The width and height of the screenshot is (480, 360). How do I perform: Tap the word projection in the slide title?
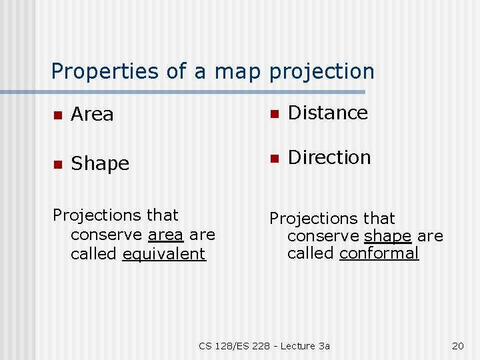(322, 71)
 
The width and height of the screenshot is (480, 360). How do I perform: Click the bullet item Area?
(92, 115)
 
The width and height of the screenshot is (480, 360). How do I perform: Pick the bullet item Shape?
(100, 163)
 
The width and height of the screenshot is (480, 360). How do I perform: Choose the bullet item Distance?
(327, 113)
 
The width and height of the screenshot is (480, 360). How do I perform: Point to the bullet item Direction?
(329, 157)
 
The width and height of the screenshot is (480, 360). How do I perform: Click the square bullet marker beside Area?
(58, 115)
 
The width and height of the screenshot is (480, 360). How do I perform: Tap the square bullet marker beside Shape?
(58, 164)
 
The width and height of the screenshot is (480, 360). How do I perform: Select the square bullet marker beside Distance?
(273, 114)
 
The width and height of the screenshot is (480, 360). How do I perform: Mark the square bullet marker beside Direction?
(273, 159)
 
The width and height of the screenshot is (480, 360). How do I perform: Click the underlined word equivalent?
(164, 254)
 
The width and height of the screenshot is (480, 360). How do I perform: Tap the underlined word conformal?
(379, 253)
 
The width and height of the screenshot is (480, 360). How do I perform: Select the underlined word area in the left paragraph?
(165, 235)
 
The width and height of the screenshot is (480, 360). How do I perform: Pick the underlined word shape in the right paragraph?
(387, 237)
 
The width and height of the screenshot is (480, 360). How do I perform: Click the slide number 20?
(457, 345)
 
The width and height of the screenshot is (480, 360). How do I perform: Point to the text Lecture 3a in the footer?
(305, 345)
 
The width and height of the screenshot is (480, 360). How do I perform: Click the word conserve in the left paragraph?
(107, 235)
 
